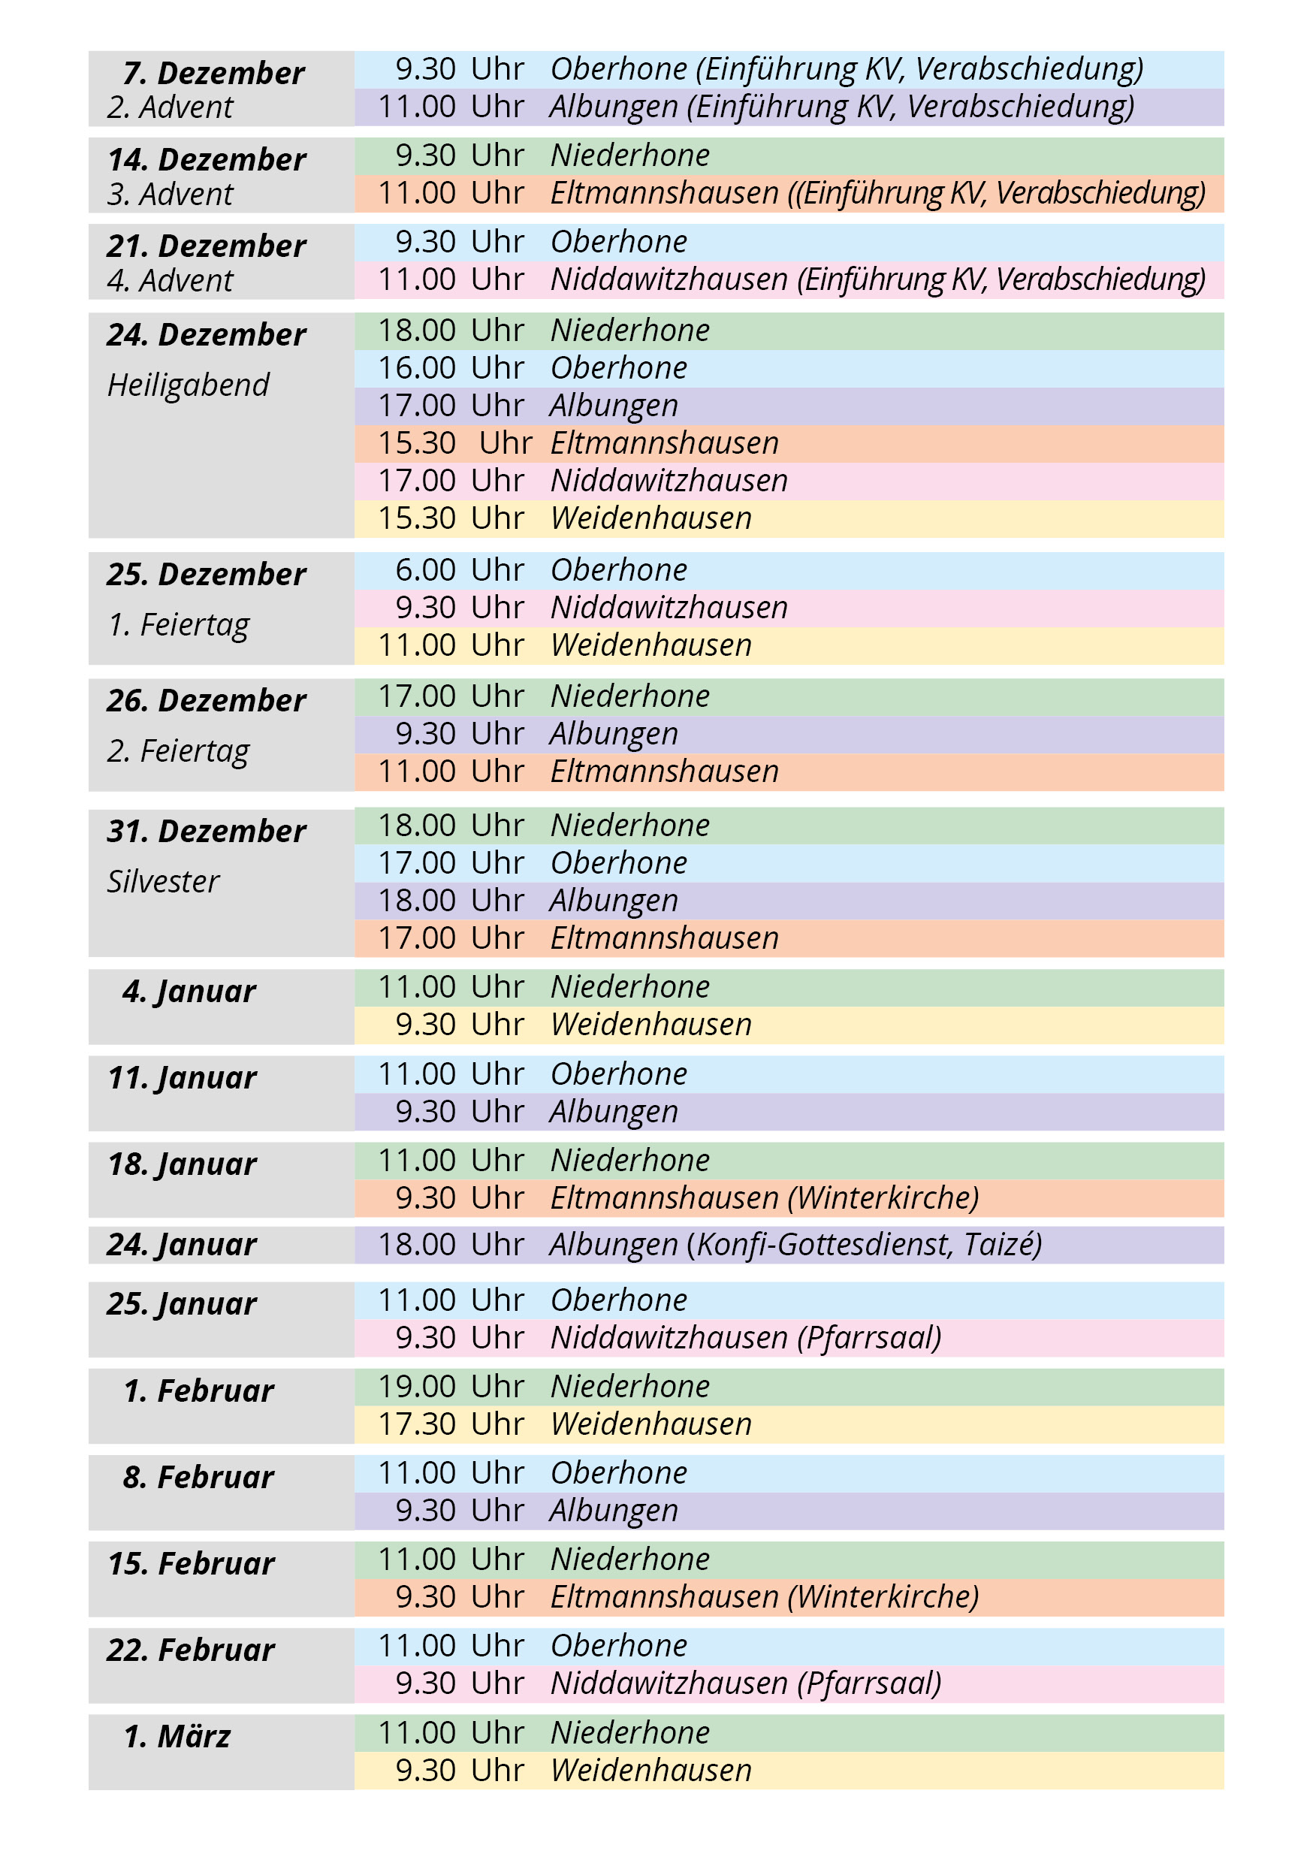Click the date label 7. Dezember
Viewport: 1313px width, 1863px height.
213,73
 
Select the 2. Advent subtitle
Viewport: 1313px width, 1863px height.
170,107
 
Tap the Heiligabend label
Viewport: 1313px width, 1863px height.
188,385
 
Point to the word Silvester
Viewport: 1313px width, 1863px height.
163,881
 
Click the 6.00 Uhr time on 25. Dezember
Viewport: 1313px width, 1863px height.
458,569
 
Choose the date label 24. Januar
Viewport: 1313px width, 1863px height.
181,1244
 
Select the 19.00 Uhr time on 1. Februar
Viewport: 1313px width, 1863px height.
451,1386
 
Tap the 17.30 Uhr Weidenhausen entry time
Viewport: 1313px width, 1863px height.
451,1424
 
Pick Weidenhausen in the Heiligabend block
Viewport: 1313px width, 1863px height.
650,518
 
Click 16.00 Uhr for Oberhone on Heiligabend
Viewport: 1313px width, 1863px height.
451,367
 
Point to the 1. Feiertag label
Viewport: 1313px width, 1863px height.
178,625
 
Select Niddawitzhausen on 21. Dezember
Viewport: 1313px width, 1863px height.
669,279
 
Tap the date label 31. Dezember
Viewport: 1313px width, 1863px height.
206,831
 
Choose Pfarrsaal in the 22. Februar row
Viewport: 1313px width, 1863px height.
869,1683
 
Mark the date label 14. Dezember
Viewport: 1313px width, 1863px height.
206,159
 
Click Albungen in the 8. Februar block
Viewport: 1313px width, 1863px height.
614,1510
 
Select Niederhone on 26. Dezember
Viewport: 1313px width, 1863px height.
629,696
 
